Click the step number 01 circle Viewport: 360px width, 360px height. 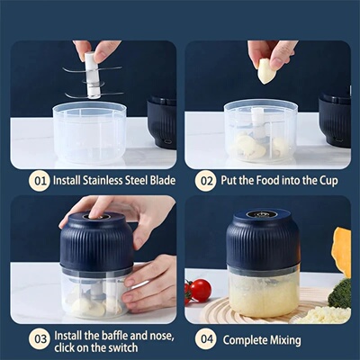38,181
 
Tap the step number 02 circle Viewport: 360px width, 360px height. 207,181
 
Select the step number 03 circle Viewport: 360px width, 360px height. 38,340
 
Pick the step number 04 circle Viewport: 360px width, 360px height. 207,340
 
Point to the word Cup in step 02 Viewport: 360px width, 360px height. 328,181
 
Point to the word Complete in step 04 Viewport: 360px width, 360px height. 248,340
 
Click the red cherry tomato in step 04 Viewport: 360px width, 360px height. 201,290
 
